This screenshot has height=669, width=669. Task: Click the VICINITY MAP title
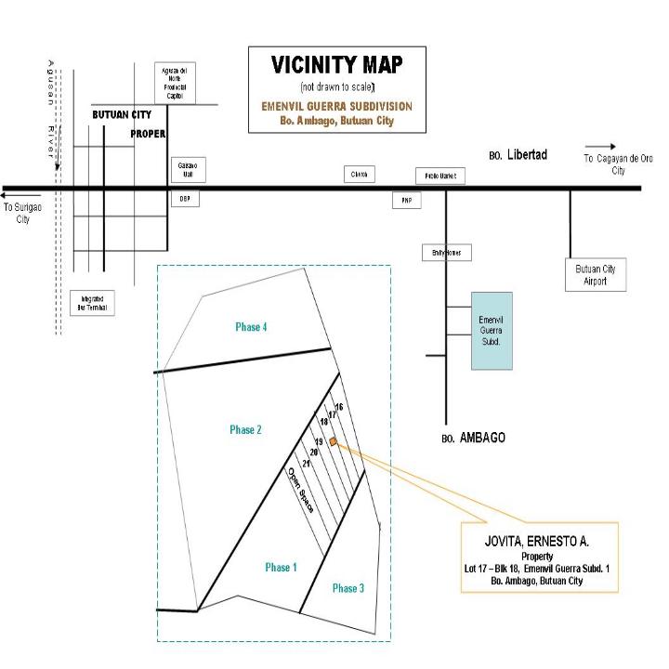(336, 65)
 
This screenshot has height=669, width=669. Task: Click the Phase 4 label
(251, 327)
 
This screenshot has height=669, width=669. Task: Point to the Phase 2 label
(245, 429)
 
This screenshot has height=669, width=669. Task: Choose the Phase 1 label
(281, 567)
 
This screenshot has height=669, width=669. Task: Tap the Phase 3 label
(348, 588)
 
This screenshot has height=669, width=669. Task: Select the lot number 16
(339, 407)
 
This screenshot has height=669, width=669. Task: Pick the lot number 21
(306, 462)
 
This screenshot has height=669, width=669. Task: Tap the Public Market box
(439, 177)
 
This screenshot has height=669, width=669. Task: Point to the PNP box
(406, 200)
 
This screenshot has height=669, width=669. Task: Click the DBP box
(184, 199)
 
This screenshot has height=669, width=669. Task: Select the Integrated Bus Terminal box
(92, 303)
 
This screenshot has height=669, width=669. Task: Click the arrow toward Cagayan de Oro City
(601, 146)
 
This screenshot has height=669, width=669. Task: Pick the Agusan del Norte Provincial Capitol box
(175, 83)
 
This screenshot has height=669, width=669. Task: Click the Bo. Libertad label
(518, 154)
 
